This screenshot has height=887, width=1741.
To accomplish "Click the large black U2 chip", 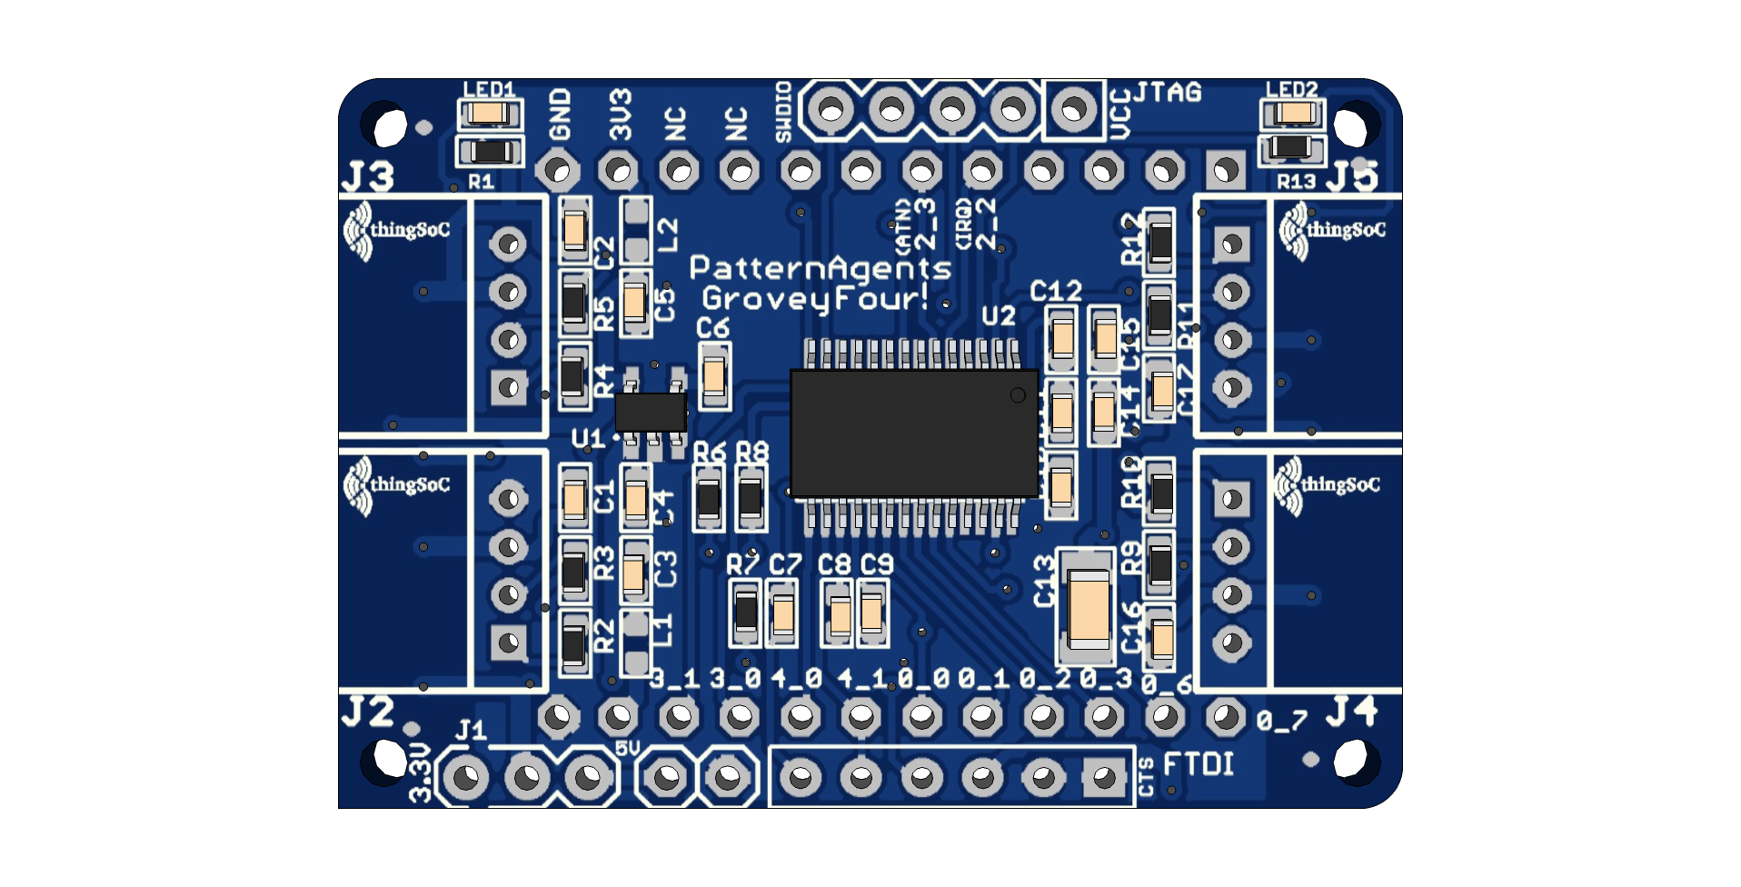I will (914, 433).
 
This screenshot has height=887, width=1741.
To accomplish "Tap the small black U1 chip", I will (651, 412).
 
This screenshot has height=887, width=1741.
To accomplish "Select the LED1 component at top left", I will (490, 114).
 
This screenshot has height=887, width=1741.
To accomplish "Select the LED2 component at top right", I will (1292, 114).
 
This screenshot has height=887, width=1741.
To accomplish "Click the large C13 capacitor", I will (1088, 607).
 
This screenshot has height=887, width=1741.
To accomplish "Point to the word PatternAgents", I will (820, 268).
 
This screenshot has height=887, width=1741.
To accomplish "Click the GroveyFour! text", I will (815, 298).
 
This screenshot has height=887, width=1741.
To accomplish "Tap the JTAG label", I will (1168, 93).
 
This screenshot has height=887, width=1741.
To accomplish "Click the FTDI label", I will (1199, 764).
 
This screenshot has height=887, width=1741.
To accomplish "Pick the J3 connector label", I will (368, 177).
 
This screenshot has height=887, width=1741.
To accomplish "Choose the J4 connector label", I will (1351, 712).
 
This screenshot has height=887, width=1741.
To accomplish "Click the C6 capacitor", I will (714, 375).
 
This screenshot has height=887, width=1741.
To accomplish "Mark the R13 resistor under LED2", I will (1291, 147).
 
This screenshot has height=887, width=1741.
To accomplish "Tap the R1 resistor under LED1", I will (490, 151).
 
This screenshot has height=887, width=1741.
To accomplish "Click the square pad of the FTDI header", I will (1103, 777).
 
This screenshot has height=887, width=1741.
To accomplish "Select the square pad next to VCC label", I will (1073, 110).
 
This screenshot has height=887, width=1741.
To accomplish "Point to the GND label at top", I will (560, 115).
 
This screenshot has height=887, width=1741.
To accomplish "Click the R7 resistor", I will (746, 612).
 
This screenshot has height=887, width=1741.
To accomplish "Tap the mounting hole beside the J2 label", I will (390, 759).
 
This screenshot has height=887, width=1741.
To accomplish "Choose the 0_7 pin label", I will (1282, 722).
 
